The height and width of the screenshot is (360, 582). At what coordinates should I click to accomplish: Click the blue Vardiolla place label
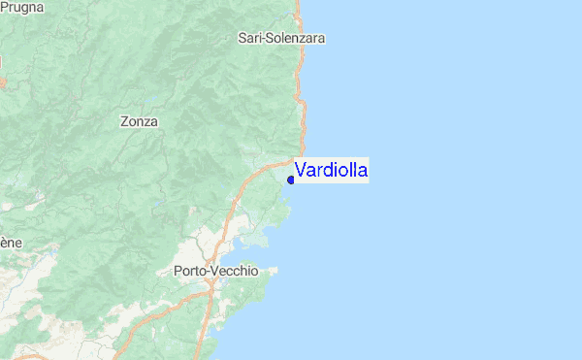click(x=331, y=171)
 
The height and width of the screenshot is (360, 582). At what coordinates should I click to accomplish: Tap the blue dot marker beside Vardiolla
click(x=291, y=180)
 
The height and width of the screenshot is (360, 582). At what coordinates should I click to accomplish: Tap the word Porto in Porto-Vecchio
click(x=190, y=272)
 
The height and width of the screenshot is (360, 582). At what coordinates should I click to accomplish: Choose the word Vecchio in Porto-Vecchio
click(x=236, y=272)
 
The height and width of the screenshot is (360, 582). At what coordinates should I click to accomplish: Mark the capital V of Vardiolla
click(x=301, y=171)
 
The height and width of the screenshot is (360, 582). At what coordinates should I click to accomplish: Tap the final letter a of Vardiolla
click(x=362, y=172)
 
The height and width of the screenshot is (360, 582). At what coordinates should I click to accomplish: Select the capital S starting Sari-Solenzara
click(x=242, y=39)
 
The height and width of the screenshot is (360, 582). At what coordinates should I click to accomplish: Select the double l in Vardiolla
click(x=351, y=171)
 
